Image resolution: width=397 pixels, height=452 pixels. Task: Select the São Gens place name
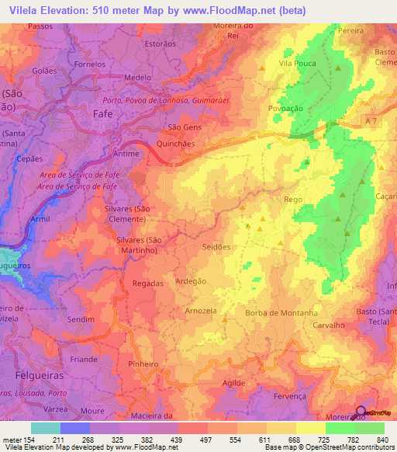click(x=185, y=127)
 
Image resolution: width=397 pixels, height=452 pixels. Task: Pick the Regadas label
click(x=148, y=283)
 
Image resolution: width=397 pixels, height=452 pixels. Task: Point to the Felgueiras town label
click(x=29, y=385)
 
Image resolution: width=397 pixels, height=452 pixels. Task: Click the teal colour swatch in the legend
click(x=45, y=428)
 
